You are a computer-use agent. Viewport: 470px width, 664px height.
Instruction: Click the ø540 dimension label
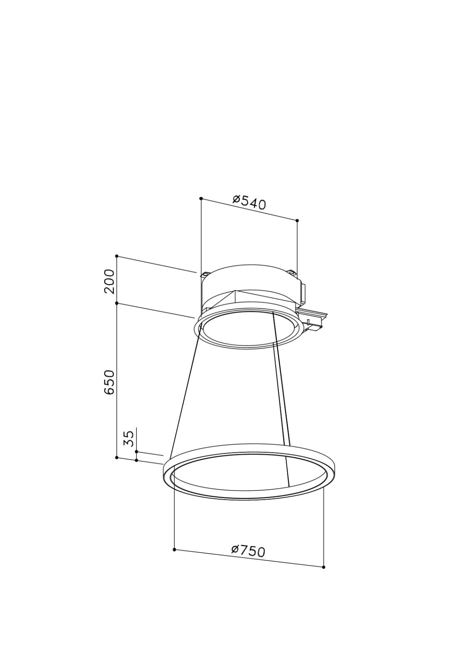249,203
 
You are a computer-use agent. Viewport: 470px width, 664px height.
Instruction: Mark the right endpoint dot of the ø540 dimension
297,220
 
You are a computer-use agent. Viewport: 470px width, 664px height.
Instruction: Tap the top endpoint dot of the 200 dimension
117,256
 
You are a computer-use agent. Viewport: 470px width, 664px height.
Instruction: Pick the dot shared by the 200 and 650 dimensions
117,303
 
